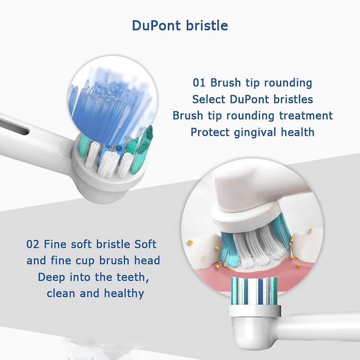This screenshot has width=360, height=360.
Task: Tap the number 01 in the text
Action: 199,83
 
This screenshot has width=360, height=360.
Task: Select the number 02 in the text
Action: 33,244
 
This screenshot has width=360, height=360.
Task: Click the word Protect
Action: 210,132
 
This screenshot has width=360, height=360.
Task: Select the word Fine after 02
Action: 56,244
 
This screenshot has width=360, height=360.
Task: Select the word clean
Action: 61,294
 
